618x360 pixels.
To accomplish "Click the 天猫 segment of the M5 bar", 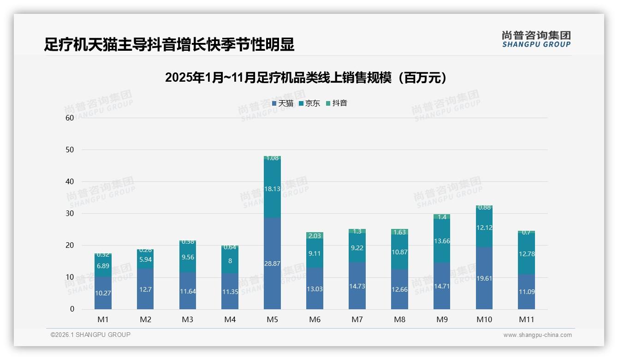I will tap(272, 263).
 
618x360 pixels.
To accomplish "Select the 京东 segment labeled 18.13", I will tap(272, 189).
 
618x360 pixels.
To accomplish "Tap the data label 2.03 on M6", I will tap(315, 236).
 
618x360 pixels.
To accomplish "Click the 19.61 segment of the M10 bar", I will tap(484, 278).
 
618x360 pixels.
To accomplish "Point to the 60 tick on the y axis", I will tap(70, 118).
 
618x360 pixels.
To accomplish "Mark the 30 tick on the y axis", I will tap(70, 214).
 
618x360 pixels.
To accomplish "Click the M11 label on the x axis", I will tap(526, 319).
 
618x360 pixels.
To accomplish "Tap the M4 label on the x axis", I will tap(230, 319).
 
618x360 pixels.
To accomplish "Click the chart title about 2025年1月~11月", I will tap(306, 78).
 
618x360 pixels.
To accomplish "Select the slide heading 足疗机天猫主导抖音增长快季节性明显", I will tap(169, 45).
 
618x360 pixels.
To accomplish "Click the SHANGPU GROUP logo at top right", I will tap(536, 39).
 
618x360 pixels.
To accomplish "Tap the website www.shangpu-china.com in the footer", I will tap(537, 335).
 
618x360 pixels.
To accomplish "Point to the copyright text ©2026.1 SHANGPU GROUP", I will tap(90, 335).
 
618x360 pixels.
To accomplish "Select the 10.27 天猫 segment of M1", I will tap(103, 293).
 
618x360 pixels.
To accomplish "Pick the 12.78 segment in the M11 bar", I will tap(526, 254).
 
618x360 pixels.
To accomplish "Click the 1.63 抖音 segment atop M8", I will tap(399, 232).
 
